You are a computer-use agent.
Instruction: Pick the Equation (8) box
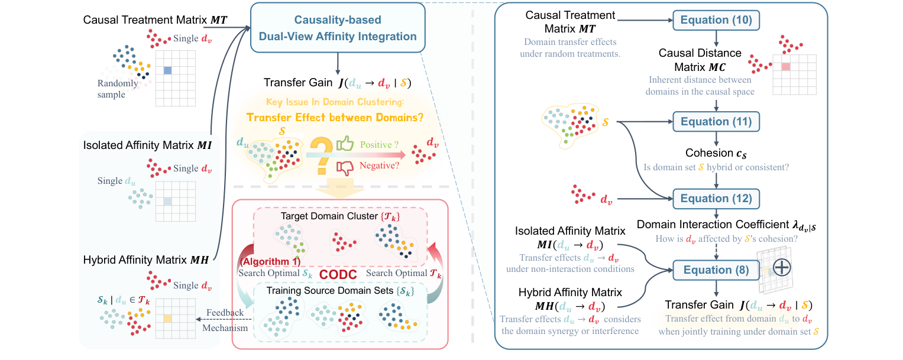716,270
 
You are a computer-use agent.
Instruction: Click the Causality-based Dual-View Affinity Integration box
337,28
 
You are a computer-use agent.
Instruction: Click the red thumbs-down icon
345,168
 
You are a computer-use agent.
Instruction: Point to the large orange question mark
320,155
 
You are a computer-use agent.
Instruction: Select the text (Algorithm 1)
270,261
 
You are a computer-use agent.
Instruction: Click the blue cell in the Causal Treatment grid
167,70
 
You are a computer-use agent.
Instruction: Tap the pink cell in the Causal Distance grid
786,67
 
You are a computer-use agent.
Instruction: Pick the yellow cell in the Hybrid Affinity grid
167,319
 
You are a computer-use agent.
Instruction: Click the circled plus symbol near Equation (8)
782,267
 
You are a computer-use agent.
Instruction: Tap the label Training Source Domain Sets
338,291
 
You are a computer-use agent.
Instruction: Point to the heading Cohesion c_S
716,153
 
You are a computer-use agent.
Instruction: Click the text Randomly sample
119,89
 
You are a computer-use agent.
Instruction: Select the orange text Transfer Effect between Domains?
335,117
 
